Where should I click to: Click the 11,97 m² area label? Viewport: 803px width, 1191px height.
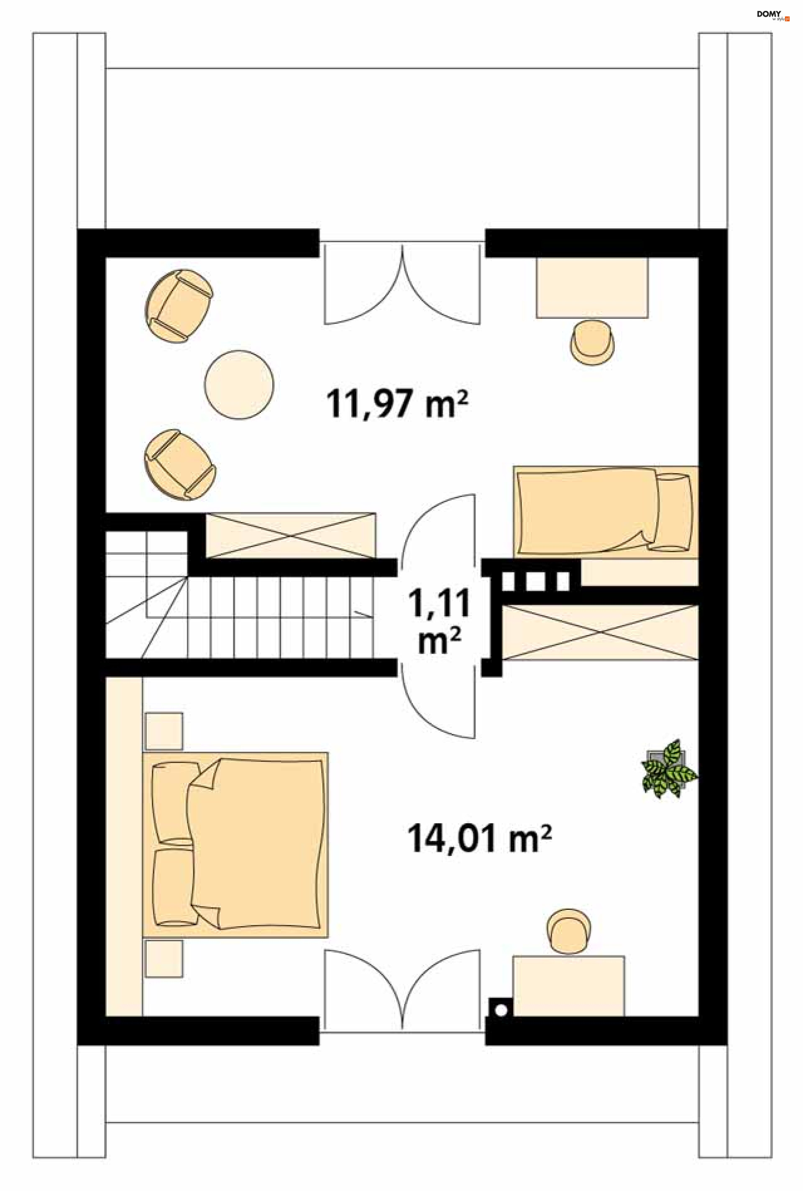point(397,404)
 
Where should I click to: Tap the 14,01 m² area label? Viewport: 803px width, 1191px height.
point(479,839)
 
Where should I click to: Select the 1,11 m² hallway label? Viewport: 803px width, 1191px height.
point(439,620)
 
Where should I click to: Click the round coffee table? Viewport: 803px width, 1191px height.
point(239,384)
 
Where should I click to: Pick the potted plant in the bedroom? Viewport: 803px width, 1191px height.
point(668,768)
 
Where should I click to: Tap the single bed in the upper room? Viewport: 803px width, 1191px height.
point(605,512)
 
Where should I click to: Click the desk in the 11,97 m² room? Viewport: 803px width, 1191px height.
point(591,287)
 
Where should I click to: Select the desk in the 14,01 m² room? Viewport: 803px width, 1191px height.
point(568,986)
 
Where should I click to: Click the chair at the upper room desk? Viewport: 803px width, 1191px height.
point(593,342)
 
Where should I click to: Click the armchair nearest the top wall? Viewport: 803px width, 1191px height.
point(179,306)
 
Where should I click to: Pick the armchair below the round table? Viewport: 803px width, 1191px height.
point(179,464)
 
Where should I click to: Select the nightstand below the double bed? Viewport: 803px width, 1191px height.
point(164,959)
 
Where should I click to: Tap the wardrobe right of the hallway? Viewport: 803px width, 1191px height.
point(600,632)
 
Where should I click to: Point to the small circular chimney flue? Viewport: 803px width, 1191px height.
point(501,1010)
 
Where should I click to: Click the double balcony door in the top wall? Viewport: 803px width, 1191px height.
point(402,284)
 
